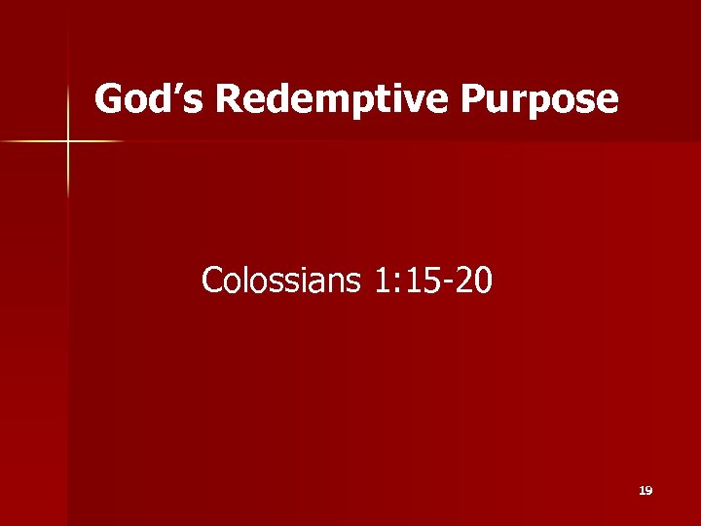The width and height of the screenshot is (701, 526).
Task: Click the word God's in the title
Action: pyautogui.click(x=150, y=99)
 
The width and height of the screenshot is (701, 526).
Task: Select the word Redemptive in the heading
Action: pyautogui.click(x=322, y=99)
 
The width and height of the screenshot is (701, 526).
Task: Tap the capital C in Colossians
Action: pyautogui.click(x=211, y=282)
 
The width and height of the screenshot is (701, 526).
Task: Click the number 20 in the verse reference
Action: pyautogui.click(x=473, y=282)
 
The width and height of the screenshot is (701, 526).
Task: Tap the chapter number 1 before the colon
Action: pyautogui.click(x=381, y=282)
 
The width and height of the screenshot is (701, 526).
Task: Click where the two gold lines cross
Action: pyautogui.click(x=68, y=142)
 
